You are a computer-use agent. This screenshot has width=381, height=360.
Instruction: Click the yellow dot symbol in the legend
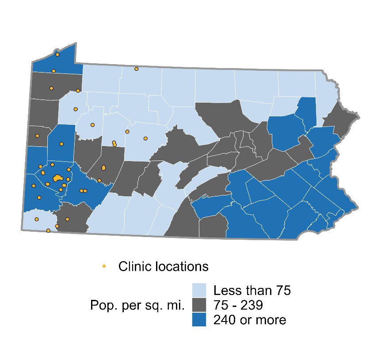pyautogui.click(x=104, y=266)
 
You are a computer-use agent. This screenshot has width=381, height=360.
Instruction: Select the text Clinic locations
pyautogui.click(x=163, y=267)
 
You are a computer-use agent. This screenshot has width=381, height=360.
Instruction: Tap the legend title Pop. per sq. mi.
pyautogui.click(x=137, y=305)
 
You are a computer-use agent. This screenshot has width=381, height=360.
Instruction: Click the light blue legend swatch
pyautogui.click(x=199, y=291)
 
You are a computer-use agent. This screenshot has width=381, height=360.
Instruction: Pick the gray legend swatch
pyautogui.click(x=199, y=305)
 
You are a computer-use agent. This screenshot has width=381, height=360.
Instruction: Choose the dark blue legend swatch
pyautogui.click(x=199, y=320)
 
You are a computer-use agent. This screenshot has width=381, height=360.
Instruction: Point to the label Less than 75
pyautogui.click(x=251, y=291)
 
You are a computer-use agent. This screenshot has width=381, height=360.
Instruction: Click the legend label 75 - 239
pyautogui.click(x=239, y=305)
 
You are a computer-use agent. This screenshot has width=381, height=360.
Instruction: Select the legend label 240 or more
pyautogui.click(x=250, y=320)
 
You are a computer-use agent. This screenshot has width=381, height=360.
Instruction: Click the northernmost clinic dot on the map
pyautogui.click(x=57, y=54)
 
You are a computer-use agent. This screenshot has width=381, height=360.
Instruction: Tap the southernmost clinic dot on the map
pyautogui.click(x=48, y=230)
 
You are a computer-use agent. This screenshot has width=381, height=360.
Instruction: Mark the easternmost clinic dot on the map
pyautogui.click(x=145, y=138)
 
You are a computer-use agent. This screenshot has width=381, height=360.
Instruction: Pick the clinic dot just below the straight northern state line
pyautogui.click(x=137, y=69)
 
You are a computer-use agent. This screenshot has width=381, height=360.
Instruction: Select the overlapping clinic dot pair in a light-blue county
pyautogui.click(x=114, y=144)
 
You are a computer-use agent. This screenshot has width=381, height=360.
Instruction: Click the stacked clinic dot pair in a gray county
pyautogui.click(x=103, y=168)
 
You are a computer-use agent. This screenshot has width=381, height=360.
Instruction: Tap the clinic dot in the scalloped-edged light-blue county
pyautogui.click(x=92, y=125)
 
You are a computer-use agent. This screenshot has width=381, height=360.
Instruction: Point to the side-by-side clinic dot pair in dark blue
pyautogui.click(x=83, y=191)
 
